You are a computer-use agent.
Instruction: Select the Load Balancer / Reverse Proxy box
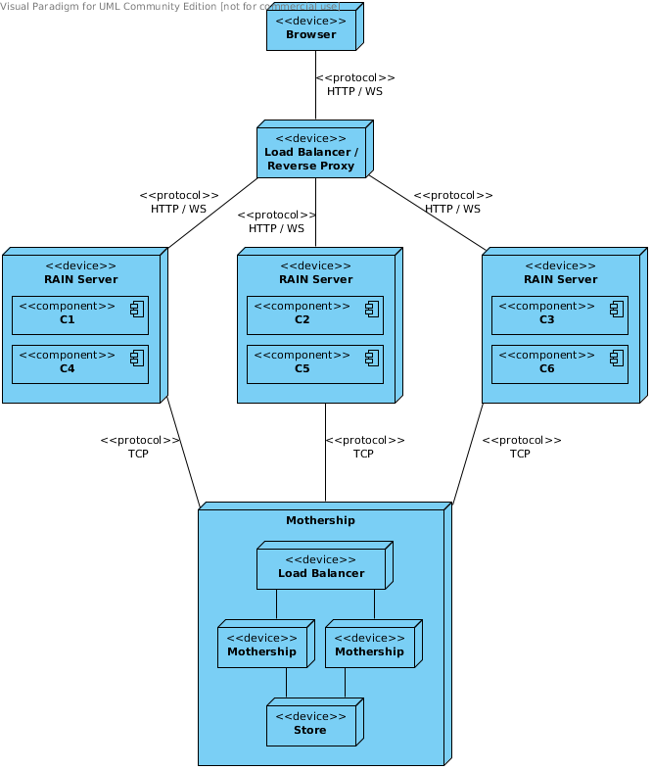click(x=311, y=152)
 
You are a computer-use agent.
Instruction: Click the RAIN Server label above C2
click(x=315, y=279)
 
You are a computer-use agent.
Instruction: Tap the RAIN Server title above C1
click(x=80, y=279)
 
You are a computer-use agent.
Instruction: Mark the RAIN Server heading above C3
click(x=560, y=279)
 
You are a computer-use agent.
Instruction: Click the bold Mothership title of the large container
click(x=320, y=520)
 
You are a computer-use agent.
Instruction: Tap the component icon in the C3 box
click(x=616, y=309)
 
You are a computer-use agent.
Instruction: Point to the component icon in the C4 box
click(x=136, y=358)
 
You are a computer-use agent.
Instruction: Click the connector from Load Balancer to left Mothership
click(x=276, y=604)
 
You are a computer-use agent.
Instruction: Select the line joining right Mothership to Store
click(x=345, y=683)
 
